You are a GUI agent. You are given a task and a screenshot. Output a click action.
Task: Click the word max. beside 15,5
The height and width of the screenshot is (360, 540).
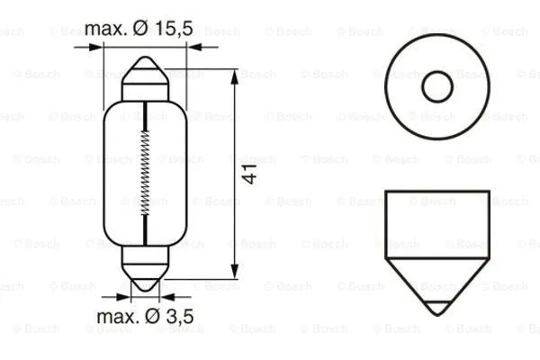coord(105,29)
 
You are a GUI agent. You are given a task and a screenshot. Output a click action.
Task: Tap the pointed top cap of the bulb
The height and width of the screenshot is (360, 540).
coord(146,72)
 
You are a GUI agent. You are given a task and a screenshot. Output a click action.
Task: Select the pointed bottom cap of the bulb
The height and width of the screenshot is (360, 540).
coord(146,274)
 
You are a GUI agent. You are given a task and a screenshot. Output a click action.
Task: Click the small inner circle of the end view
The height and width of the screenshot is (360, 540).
coord(437,86)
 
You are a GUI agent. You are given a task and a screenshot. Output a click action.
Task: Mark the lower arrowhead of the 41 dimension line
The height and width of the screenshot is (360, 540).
coord(236,272)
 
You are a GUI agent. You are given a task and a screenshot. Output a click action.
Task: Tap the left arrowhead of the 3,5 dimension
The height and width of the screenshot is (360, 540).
coord(126,294)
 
